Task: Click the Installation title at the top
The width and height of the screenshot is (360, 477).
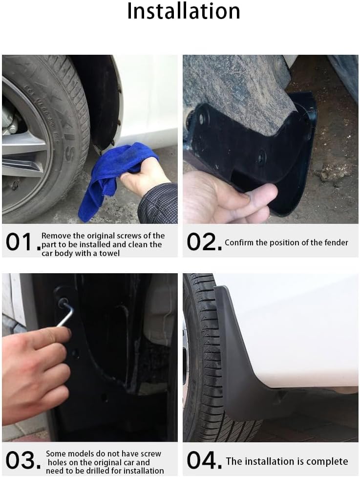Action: click(184, 11)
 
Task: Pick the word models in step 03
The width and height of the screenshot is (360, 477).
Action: click(83, 454)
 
